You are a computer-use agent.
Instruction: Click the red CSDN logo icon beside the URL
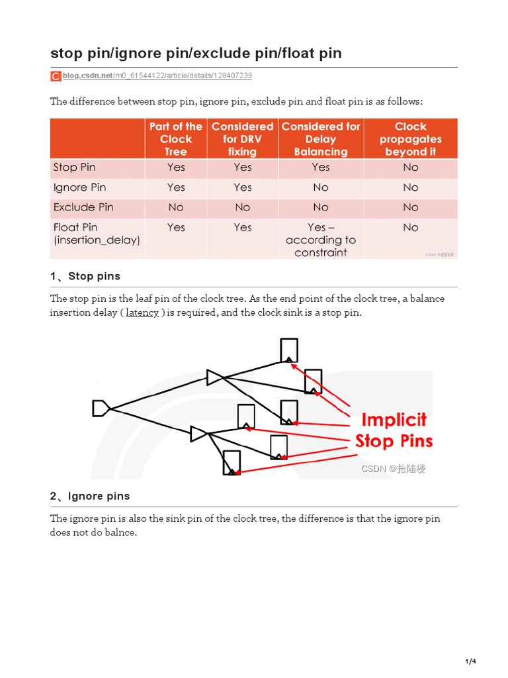[x=56, y=76]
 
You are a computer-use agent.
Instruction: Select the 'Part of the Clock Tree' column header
[x=176, y=139]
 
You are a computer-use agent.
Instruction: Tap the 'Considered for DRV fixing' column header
[x=242, y=139]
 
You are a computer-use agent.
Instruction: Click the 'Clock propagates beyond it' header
[x=410, y=139]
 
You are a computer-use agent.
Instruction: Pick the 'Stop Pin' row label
[x=74, y=168]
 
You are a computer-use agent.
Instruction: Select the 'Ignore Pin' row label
[x=79, y=187]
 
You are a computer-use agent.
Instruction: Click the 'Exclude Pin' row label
[x=83, y=207]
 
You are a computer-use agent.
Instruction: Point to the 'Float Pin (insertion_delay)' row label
[x=97, y=234]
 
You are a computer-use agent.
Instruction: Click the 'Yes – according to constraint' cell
[x=321, y=240]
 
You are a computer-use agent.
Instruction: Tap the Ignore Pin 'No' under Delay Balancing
[x=321, y=187]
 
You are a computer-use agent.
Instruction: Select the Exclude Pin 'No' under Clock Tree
[x=176, y=207]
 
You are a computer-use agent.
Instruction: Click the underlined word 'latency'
[x=142, y=313]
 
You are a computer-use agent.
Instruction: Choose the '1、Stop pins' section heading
[x=85, y=276]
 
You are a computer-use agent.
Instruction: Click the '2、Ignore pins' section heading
[x=90, y=496]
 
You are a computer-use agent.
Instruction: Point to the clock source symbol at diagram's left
[x=101, y=408]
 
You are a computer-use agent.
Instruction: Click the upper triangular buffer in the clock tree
[x=214, y=377]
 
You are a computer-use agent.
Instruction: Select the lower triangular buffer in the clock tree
[x=198, y=434]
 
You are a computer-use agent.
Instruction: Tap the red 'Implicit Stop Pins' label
[x=394, y=430]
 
